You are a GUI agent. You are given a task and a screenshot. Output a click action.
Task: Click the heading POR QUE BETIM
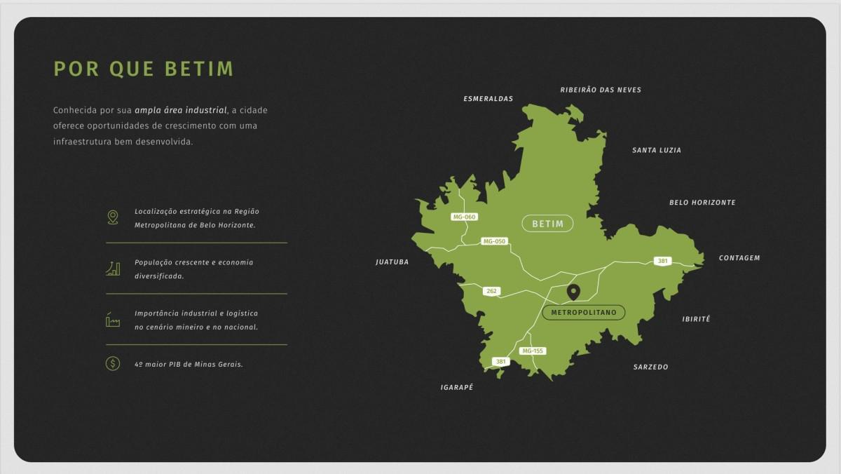(x=144, y=69)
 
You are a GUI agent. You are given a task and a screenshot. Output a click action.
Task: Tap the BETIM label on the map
(x=547, y=224)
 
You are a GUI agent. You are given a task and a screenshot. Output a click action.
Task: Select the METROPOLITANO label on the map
(x=583, y=312)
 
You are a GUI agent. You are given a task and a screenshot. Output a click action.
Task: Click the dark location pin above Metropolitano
(x=573, y=292)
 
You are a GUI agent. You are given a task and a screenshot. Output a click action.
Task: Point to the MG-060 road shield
(x=464, y=217)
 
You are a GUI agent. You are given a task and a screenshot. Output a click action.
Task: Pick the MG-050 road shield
(x=493, y=241)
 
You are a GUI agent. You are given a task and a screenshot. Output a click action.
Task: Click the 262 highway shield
(x=491, y=290)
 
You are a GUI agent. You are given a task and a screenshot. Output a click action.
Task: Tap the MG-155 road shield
(x=533, y=351)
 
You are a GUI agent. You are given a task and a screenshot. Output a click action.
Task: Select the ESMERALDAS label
(x=488, y=99)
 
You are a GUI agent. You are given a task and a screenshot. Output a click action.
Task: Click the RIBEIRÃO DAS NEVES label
(x=600, y=90)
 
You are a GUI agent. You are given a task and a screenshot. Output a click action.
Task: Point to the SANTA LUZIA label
(x=656, y=150)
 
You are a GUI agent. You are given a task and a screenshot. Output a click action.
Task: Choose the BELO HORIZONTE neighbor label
(x=702, y=203)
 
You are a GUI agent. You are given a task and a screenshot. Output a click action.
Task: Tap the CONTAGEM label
(x=739, y=258)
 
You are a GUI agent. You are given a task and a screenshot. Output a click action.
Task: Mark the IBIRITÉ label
(x=696, y=319)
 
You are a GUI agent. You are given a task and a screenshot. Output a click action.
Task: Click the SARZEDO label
(x=650, y=367)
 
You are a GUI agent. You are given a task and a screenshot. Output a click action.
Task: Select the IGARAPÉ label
(x=456, y=387)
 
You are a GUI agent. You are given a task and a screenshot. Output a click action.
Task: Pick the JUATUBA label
(x=392, y=262)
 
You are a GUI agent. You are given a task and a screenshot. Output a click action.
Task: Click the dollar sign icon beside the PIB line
(x=113, y=363)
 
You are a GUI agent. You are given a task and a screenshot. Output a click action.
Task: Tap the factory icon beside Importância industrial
(x=113, y=319)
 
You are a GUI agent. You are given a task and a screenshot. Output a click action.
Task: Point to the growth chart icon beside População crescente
(x=113, y=268)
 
